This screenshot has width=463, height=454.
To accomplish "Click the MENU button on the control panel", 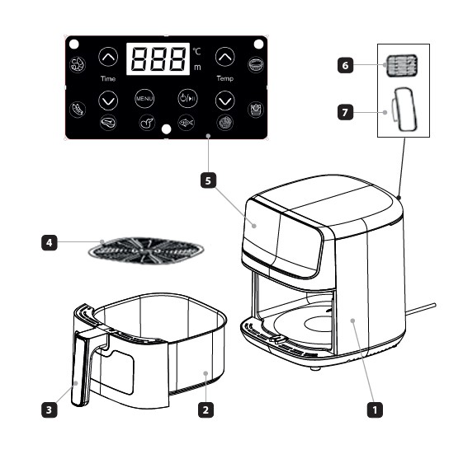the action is click(x=144, y=99).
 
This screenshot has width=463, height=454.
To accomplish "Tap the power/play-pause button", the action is click(x=187, y=98).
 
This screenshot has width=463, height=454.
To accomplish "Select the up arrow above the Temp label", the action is click(x=225, y=57).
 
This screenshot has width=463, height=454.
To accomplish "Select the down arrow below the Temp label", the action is click(x=225, y=101).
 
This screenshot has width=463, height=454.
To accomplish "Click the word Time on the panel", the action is click(x=108, y=79).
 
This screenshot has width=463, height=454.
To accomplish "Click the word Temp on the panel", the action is click(x=225, y=78).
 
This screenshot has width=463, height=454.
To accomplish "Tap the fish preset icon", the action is click(x=186, y=122).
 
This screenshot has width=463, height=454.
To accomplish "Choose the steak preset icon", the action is click(x=108, y=122).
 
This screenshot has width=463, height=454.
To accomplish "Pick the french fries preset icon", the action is click(x=255, y=110).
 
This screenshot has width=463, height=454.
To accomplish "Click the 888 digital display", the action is click(x=158, y=59).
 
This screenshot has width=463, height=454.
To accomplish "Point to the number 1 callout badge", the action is click(x=375, y=410).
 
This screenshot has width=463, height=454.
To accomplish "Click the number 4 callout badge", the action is click(x=49, y=242).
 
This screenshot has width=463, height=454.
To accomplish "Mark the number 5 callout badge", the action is click(x=208, y=180).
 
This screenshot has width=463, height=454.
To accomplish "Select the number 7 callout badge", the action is click(x=345, y=112).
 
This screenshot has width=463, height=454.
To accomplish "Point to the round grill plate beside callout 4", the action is click(x=146, y=250).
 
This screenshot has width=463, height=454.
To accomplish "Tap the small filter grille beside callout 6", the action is click(x=402, y=66).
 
